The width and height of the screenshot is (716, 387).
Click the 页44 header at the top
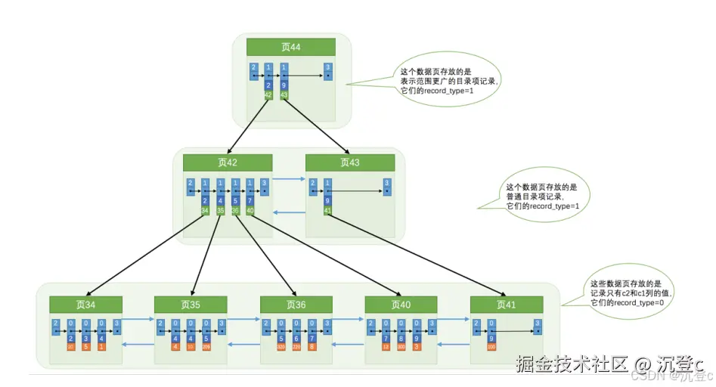click(x=291, y=47)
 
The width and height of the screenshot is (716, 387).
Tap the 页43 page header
click(x=350, y=163)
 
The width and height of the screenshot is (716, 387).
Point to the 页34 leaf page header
click(x=85, y=304)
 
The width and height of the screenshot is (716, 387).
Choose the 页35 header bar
click(x=191, y=304)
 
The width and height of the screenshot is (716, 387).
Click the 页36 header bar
click(x=296, y=304)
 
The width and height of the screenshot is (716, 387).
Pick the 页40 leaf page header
click(x=401, y=304)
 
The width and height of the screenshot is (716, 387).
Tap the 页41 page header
click(x=506, y=304)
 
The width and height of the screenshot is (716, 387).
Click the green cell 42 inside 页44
click(x=268, y=95)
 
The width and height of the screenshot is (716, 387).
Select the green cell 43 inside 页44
click(x=284, y=95)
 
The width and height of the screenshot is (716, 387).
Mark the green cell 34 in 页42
click(x=205, y=211)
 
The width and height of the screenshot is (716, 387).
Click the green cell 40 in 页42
click(x=250, y=211)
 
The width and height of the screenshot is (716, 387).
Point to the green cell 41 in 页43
click(x=327, y=211)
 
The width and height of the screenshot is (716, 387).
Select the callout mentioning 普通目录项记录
click(x=541, y=196)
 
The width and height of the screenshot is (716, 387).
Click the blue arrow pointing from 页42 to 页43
click(x=288, y=180)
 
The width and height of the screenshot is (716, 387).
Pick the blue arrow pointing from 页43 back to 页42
click(x=288, y=213)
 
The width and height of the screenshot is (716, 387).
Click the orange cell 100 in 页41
click(x=491, y=346)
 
